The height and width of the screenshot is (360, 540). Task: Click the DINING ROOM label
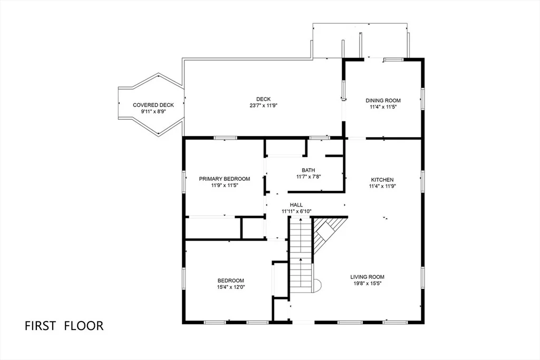(383, 101)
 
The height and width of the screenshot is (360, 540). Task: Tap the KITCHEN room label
(382, 180)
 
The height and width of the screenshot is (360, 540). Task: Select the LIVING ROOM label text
(367, 277)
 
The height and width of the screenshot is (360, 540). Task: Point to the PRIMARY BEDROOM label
(225, 179)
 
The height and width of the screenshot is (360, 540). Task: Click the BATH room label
(308, 170)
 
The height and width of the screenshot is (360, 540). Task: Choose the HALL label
(296, 205)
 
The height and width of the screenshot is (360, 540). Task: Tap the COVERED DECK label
(153, 105)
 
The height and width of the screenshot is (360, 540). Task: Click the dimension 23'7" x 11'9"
(264, 105)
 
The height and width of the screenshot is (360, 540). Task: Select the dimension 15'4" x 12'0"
(231, 287)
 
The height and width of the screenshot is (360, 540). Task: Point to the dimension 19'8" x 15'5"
(367, 283)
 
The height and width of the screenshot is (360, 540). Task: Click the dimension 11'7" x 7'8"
(308, 177)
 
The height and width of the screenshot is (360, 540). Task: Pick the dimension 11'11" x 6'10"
(296, 211)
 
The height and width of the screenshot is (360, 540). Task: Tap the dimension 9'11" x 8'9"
(153, 112)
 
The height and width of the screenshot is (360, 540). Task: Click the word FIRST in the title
(40, 326)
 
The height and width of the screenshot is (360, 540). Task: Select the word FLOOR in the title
(84, 326)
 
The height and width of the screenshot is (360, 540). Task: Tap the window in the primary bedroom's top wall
(225, 138)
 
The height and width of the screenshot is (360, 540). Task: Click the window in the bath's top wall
(320, 138)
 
